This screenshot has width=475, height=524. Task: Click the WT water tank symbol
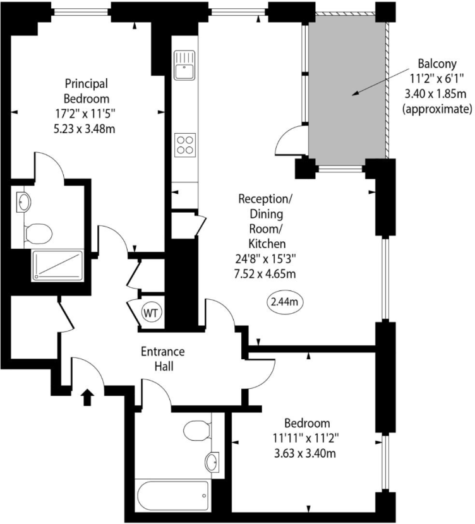tap(150, 312)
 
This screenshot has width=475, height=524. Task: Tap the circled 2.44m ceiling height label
tap(286, 302)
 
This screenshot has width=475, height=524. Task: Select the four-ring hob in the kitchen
tap(184, 145)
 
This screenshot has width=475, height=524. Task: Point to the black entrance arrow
tap(88, 396)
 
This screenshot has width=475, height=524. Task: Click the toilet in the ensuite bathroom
tap(37, 234)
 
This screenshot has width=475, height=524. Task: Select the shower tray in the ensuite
tap(57, 264)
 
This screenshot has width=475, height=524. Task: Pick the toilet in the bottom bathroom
tap(195, 432)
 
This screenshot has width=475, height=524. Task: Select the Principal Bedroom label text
tap(87, 91)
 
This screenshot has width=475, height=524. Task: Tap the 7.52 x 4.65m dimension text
tap(265, 273)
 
